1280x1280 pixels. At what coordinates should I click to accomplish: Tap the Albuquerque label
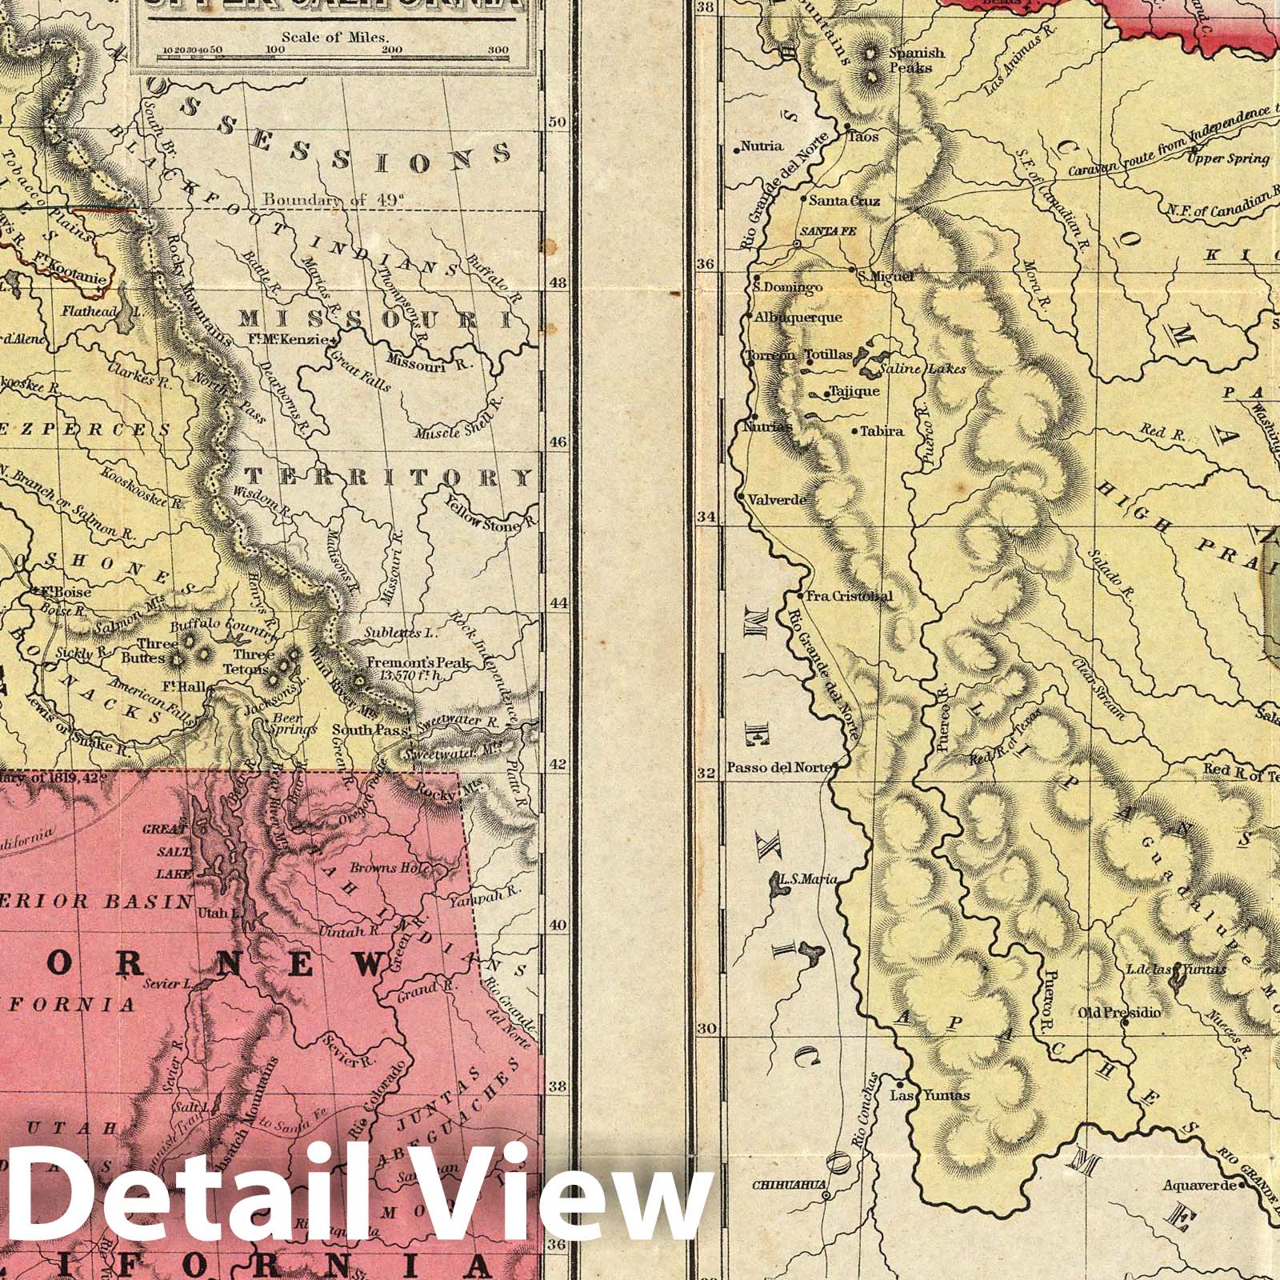(x=798, y=318)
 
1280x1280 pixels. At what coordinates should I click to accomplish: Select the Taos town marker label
(x=864, y=137)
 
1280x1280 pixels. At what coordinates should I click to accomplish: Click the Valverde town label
(x=777, y=500)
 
